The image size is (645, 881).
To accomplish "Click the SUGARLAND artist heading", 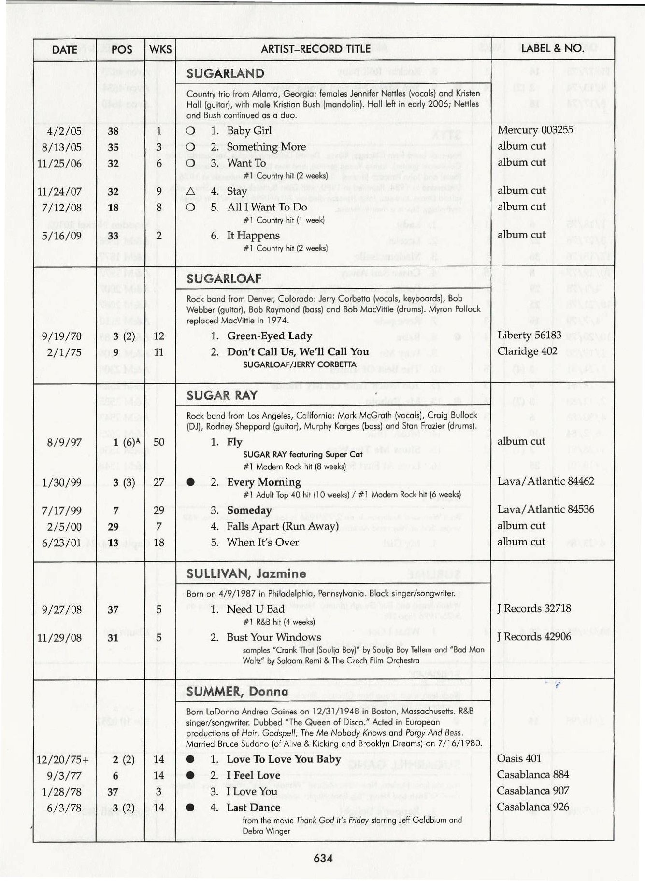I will point(225,73).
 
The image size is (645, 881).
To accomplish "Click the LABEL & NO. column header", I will point(552,48).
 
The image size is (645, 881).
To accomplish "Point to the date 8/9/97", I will point(61,442).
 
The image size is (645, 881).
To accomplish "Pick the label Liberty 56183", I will point(529,335).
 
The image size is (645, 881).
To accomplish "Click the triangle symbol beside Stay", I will point(190,191).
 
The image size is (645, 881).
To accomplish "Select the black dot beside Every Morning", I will point(190,482).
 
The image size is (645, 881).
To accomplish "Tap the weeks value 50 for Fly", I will point(158,442).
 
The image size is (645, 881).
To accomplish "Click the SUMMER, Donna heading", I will point(237,691).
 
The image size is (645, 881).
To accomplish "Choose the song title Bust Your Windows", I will point(273,637).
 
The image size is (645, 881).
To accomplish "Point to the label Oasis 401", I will point(519,758).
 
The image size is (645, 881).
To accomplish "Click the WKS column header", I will point(160,49).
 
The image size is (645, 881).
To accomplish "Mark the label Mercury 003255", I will point(535,130).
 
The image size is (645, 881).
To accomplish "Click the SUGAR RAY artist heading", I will point(222,395).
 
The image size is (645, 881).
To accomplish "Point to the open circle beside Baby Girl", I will point(190,131).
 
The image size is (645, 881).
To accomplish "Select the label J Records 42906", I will point(534,637).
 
